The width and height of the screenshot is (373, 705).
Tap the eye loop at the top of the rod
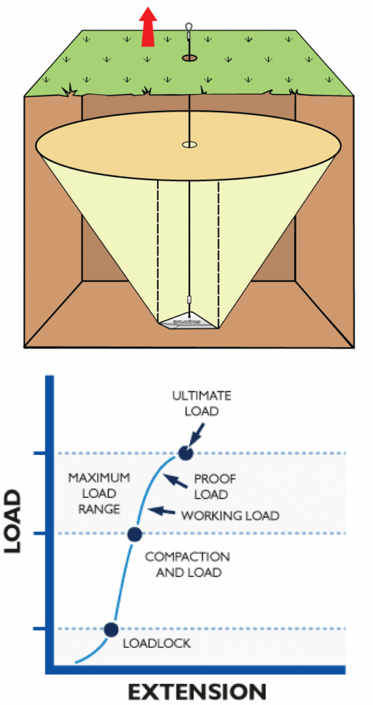click(x=189, y=28)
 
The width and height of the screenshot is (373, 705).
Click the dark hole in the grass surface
click(x=189, y=59)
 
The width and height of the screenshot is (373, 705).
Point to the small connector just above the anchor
click(x=189, y=300)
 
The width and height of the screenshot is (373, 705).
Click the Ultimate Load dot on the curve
click(x=186, y=453)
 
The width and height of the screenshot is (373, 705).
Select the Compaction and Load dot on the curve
click(x=134, y=534)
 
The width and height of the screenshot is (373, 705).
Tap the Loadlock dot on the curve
click(x=111, y=629)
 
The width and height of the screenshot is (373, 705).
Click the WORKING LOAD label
click(x=230, y=516)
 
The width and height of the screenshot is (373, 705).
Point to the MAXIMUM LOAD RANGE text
click(x=99, y=493)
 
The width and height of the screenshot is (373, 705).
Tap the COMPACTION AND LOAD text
click(x=187, y=565)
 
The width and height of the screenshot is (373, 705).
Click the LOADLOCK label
click(x=157, y=644)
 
